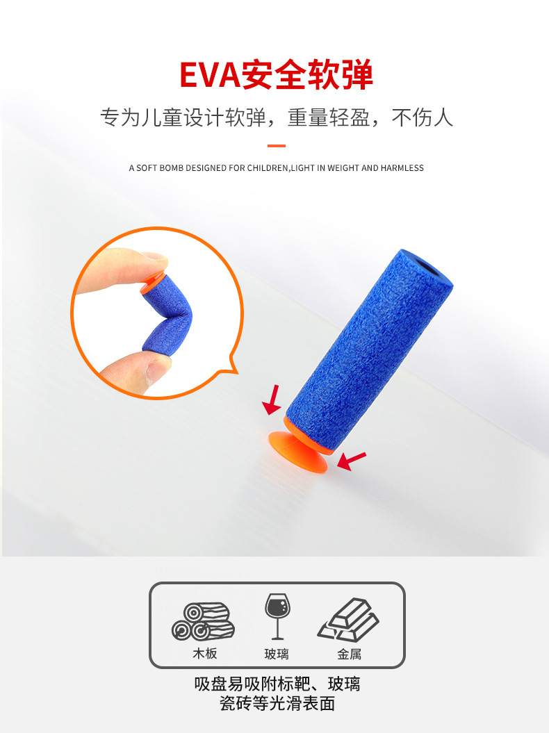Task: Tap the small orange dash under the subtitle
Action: point(277,146)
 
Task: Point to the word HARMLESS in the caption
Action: point(402,168)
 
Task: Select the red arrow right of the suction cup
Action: point(352,460)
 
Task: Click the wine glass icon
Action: point(277,616)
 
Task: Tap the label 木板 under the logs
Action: point(205,654)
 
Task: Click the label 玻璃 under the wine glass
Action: point(277,654)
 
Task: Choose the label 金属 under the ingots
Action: point(349,654)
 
